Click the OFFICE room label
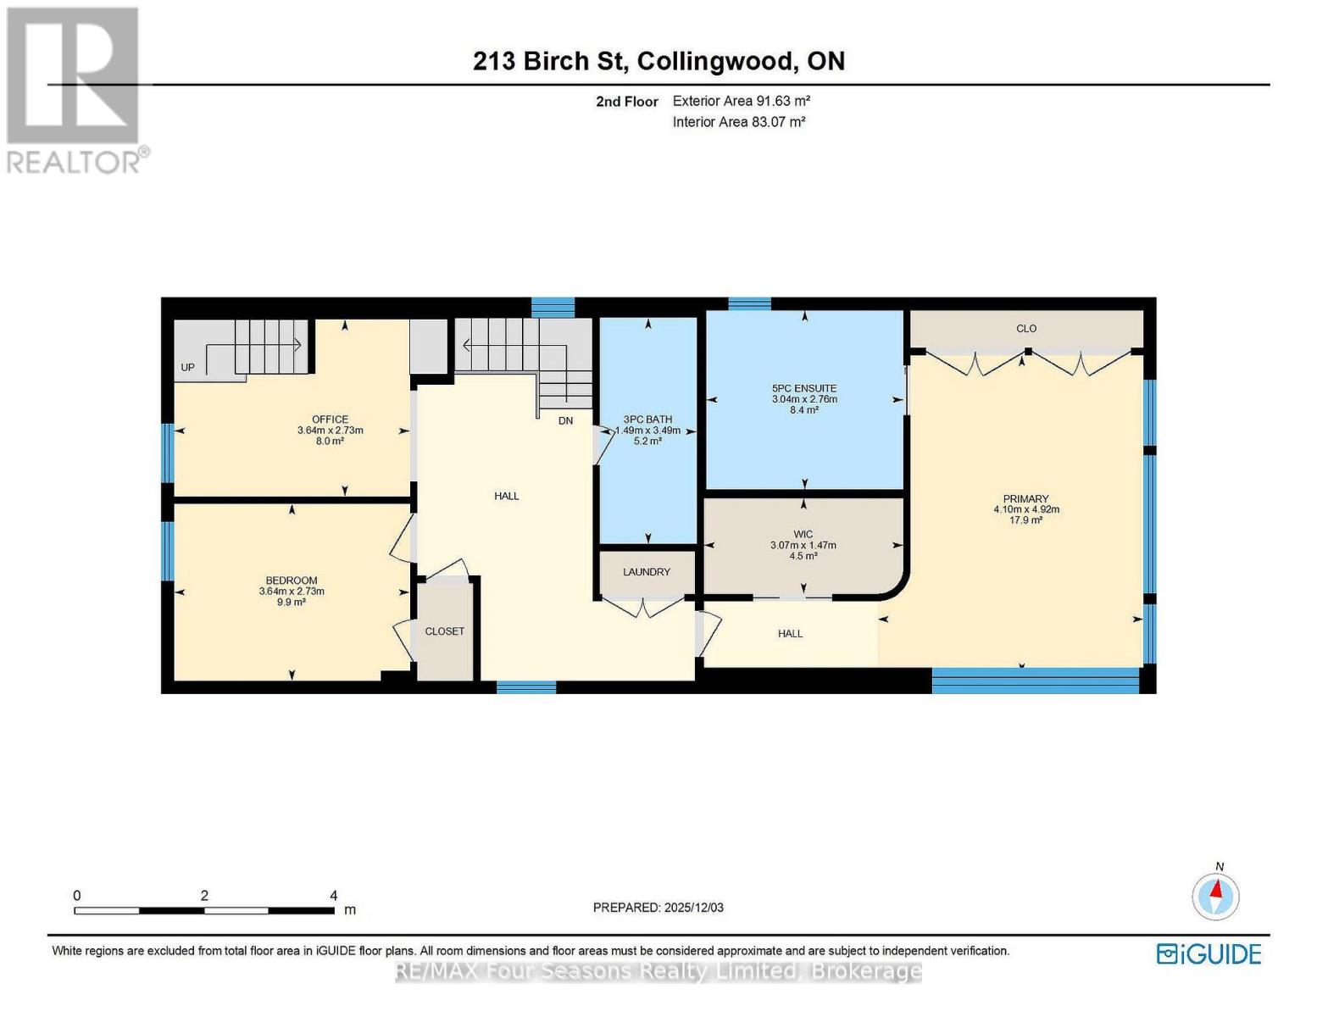330,420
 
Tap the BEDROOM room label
292,581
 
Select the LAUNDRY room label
647,572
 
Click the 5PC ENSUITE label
804,388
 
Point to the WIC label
803,534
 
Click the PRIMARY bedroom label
1025,499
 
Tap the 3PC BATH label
647,420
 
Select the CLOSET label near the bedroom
445,631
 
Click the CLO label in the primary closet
1026,329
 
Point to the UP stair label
188,368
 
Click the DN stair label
565,421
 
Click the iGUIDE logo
1209,954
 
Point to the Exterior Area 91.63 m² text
742,101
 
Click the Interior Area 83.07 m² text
739,122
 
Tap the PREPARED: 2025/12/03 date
658,908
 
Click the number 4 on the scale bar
334,896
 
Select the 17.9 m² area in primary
1025,520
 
